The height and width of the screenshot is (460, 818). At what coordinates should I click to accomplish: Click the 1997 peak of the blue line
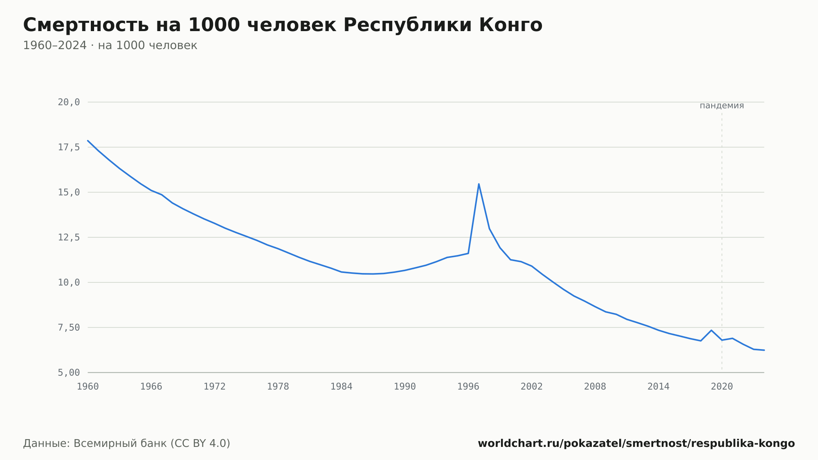[x=479, y=184]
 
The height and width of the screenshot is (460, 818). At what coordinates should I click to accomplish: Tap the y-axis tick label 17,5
[x=69, y=147]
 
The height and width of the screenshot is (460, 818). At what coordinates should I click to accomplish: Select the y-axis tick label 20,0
[x=69, y=102]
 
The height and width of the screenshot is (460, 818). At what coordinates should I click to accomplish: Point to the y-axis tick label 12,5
[x=69, y=237]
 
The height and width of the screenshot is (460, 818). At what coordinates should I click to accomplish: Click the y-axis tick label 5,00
[x=69, y=372]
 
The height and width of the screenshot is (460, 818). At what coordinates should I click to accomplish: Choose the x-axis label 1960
[x=88, y=387]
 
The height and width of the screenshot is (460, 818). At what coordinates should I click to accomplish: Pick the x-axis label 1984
[x=342, y=387]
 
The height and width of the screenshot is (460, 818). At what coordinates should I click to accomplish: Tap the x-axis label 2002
[x=532, y=387]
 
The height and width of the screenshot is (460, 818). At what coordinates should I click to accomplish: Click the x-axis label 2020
[x=722, y=387]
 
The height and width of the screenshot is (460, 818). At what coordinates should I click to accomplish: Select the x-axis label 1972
[x=215, y=387]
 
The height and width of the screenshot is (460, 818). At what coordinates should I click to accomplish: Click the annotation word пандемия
[x=722, y=106]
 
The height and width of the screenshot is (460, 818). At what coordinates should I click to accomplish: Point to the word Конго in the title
[x=510, y=25]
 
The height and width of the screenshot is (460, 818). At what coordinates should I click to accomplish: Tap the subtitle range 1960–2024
[x=55, y=45]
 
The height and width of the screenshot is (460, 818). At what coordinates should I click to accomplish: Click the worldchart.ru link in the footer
[x=636, y=444]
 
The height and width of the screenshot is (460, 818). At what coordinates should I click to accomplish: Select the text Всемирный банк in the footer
[x=120, y=444]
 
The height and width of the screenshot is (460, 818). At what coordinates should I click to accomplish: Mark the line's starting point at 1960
[x=88, y=140]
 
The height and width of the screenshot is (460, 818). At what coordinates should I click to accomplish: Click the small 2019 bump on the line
[x=711, y=330]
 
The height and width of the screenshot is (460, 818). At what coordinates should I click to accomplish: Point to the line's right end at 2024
[x=764, y=350]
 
